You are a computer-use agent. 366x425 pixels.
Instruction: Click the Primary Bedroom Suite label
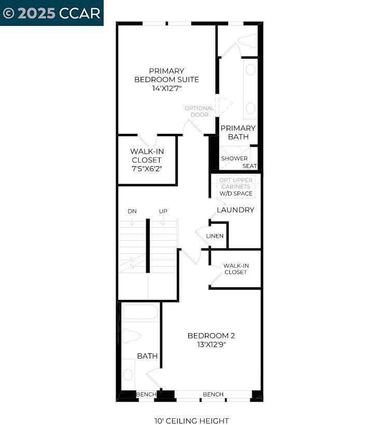click(166, 75)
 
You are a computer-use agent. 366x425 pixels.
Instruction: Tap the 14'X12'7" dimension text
click(166, 88)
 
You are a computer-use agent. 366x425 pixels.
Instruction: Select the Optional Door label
click(199, 111)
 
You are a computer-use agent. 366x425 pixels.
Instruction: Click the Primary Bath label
click(238, 132)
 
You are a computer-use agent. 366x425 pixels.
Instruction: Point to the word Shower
click(234, 158)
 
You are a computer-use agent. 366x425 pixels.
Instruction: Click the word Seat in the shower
click(250, 166)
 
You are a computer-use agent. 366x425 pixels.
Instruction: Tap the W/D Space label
click(236, 194)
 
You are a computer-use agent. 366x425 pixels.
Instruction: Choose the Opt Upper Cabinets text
click(236, 183)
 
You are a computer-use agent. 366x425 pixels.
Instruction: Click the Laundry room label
click(235, 210)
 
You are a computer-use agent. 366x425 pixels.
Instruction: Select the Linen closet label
click(215, 236)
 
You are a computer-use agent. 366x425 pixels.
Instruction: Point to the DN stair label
click(132, 211)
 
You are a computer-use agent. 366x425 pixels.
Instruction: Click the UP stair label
click(163, 211)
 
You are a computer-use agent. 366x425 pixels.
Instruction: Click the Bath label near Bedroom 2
click(147, 356)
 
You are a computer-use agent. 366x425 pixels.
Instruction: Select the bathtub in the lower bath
click(140, 312)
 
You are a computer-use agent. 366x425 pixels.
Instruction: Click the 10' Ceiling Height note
click(191, 421)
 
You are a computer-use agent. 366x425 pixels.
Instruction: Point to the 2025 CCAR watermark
click(51, 13)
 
